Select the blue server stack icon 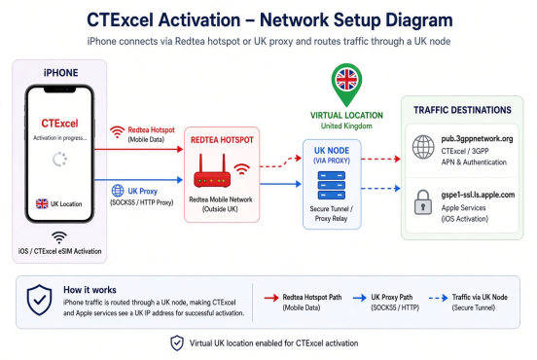331,185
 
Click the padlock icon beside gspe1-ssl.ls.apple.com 423,202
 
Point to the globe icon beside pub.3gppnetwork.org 423,147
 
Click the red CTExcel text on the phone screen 59,124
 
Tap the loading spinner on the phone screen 59,160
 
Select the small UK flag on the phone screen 42,203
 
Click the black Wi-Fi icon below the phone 59,237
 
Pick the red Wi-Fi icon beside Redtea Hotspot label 117,132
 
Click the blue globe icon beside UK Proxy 118,191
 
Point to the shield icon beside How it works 39,300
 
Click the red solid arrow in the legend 271,298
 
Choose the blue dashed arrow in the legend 438,298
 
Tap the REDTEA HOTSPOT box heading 222,140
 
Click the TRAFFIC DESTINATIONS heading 462,110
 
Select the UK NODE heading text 332,151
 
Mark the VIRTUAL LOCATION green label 346,116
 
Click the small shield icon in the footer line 177,342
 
